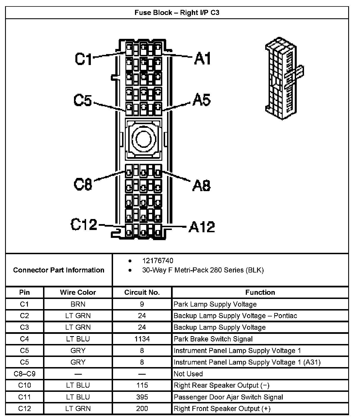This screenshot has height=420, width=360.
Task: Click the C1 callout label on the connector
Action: coord(83,59)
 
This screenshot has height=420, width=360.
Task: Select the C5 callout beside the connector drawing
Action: coord(83,100)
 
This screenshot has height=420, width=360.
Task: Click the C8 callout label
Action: coord(83,185)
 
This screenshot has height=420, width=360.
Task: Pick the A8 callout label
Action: coord(201,186)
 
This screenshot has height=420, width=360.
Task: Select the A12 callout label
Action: coord(202,227)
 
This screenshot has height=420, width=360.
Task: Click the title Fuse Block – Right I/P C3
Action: coord(177,13)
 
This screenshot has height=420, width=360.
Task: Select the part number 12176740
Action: coord(157,261)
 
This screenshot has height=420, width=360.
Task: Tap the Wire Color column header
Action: coord(78,292)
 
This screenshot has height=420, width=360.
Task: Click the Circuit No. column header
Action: coord(142,292)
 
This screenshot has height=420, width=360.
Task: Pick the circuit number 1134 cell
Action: coord(142,339)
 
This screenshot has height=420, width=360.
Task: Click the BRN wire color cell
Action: coord(78,304)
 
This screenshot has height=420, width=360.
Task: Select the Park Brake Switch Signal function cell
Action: coord(213,339)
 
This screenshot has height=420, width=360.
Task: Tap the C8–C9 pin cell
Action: coord(24,374)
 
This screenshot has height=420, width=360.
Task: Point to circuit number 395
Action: coord(142,397)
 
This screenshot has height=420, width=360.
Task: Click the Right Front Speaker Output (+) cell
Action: coord(222,408)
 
